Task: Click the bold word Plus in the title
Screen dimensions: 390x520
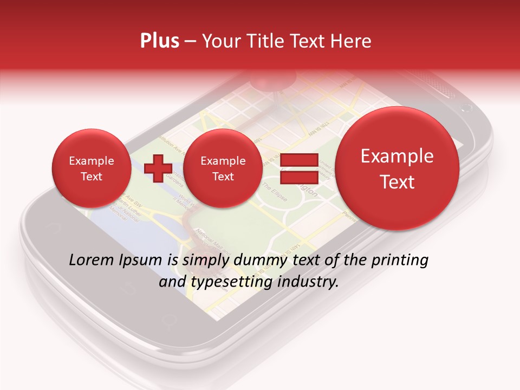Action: [159, 41]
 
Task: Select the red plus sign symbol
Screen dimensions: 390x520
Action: [158, 168]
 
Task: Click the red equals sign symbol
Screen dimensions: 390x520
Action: [299, 168]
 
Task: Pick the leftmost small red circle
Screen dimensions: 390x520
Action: [91, 168]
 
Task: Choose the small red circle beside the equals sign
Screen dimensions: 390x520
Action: [223, 168]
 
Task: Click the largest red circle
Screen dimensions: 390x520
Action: [397, 168]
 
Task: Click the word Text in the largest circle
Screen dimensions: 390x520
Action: [397, 182]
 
